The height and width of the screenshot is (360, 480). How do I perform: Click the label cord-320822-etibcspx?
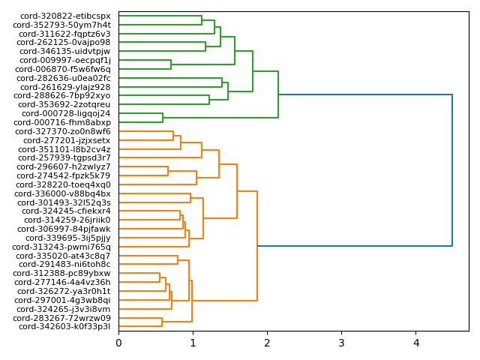[65, 16]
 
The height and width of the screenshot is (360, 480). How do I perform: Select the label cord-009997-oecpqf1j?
[65, 61]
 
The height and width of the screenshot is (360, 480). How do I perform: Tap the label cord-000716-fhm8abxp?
[62, 122]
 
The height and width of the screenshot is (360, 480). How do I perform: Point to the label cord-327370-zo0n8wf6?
[65, 131]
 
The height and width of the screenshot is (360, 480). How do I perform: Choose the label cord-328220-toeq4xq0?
[65, 184]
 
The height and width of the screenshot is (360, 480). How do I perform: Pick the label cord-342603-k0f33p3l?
[64, 327]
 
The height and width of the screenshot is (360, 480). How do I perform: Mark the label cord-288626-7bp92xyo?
[62, 96]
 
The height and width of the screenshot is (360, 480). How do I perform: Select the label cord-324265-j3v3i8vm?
[64, 309]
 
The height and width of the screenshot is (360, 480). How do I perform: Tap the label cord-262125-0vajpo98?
[64, 43]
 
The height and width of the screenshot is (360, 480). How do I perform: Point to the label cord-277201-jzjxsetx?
[67, 140]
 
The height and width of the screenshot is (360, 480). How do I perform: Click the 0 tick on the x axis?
[118, 343]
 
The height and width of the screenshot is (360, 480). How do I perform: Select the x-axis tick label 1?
[193, 343]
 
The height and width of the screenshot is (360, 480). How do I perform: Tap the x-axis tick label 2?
[267, 343]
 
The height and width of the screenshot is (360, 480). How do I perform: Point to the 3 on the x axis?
[341, 343]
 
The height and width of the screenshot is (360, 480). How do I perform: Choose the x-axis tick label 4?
[415, 343]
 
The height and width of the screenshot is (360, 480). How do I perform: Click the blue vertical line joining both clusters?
[452, 170]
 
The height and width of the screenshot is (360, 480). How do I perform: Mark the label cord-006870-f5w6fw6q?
[64, 69]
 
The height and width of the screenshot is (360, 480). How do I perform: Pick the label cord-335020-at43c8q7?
[64, 256]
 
